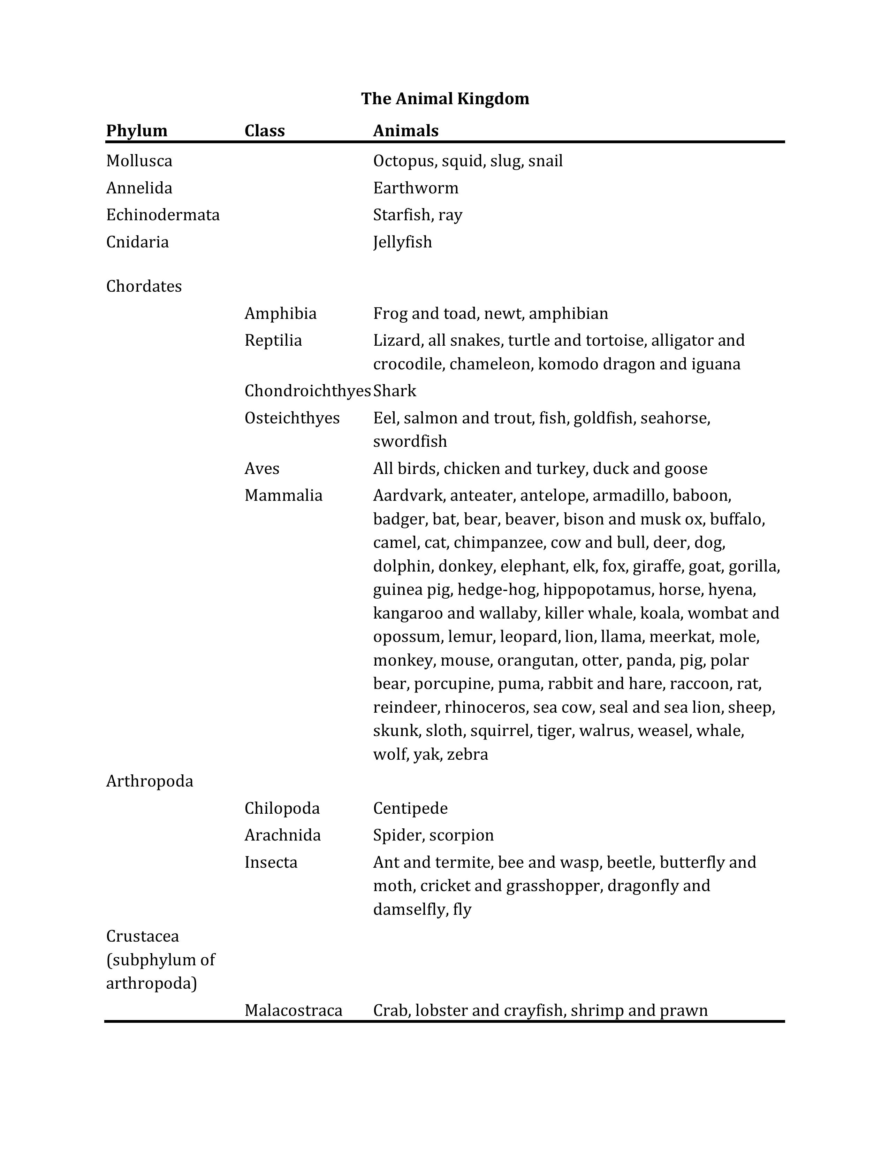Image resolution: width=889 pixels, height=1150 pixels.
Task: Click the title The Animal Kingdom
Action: [x=445, y=99]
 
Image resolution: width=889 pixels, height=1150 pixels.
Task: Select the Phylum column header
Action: [x=136, y=131]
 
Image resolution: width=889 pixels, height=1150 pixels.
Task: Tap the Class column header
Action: [x=264, y=131]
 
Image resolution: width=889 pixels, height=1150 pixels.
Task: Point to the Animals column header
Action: [x=405, y=131]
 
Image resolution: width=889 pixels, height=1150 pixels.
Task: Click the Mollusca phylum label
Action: [x=139, y=161]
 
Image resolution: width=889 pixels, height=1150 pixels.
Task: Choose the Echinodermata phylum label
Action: [x=163, y=215]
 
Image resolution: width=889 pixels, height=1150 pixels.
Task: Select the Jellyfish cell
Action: [x=402, y=242]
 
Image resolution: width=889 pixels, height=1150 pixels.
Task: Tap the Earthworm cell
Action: [x=416, y=188]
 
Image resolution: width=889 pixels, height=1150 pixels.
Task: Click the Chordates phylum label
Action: [x=144, y=286]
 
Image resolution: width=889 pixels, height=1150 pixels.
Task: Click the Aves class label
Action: [x=262, y=469]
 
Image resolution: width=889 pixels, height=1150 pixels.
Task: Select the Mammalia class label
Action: [x=283, y=496]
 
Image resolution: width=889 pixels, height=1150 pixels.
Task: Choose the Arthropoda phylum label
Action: [x=150, y=781]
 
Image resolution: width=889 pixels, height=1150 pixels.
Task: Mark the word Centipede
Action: [x=410, y=808]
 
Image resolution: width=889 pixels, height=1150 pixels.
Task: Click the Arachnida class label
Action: [x=282, y=835]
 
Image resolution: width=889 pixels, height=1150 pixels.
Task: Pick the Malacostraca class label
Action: [x=293, y=1011]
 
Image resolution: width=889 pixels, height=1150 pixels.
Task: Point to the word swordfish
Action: [x=410, y=441]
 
